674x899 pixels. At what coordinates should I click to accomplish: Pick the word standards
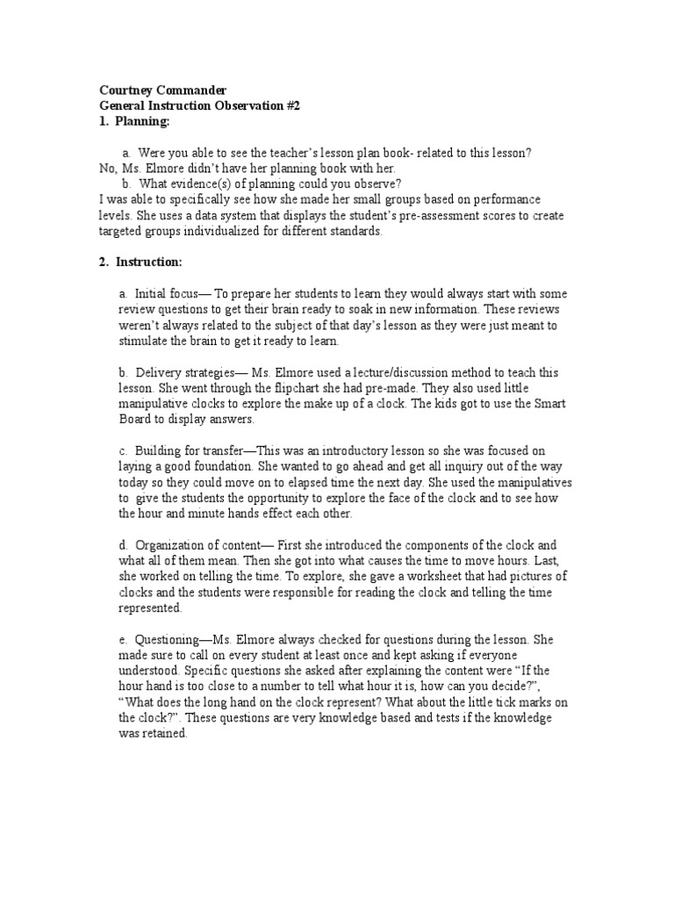(x=355, y=232)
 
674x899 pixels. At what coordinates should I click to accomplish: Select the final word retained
(x=163, y=734)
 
